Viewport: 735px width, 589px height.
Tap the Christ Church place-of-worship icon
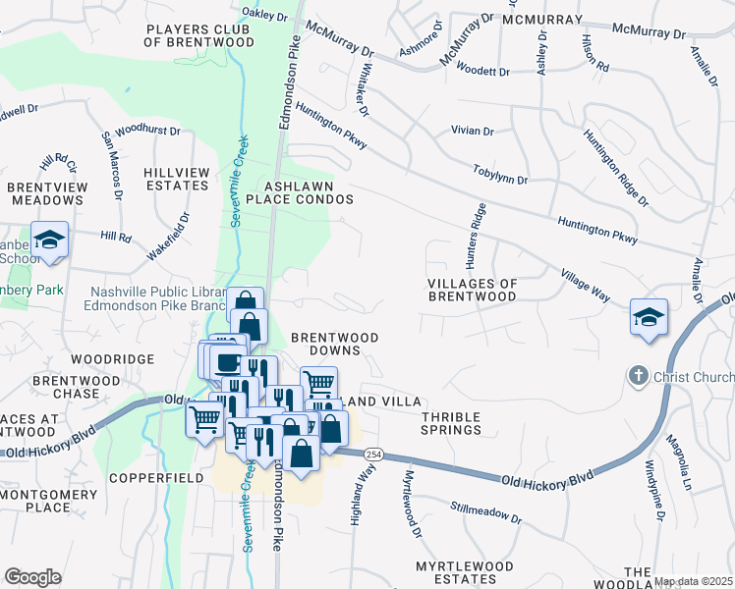coord(638,376)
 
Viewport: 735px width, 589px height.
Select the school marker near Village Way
coord(649,317)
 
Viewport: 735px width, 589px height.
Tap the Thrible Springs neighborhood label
coord(451,423)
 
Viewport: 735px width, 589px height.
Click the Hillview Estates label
coord(177,179)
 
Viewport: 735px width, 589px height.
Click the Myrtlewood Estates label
coord(464,573)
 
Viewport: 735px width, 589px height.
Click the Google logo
coord(32,577)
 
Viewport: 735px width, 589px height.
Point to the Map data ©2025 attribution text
coord(693,581)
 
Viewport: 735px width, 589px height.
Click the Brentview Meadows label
coord(46,192)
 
